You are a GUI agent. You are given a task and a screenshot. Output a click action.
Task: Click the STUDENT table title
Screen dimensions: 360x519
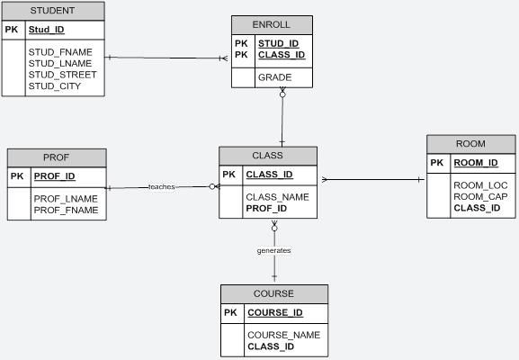point(52,11)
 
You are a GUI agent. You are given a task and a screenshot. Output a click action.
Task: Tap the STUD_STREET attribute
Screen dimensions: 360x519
point(62,75)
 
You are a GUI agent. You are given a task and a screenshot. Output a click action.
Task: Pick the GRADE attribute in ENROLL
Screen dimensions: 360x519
point(274,78)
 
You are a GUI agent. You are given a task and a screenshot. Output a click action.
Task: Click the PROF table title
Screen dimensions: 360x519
point(56,157)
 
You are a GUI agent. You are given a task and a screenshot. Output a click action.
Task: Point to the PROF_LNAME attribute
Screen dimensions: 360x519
point(65,198)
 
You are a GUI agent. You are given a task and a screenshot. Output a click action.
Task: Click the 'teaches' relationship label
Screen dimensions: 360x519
point(162,187)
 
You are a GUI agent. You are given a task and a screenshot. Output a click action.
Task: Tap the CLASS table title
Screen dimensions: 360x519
point(267,156)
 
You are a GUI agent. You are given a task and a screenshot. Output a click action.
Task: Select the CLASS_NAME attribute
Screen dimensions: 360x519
point(277,196)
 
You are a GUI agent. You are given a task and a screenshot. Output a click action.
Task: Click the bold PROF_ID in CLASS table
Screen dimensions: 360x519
point(265,208)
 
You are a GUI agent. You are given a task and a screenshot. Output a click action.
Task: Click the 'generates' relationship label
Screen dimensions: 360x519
point(273,250)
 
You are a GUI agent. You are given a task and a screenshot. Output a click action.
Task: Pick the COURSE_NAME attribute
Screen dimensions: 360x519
point(283,335)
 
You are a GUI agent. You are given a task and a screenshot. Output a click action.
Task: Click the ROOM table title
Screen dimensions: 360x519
point(470,144)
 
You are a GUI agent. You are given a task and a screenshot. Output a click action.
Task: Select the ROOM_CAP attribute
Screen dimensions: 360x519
point(479,196)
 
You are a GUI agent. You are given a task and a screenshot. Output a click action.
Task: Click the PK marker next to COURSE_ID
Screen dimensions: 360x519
point(230,312)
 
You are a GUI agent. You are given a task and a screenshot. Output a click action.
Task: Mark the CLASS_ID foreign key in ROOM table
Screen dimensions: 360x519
point(477,208)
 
